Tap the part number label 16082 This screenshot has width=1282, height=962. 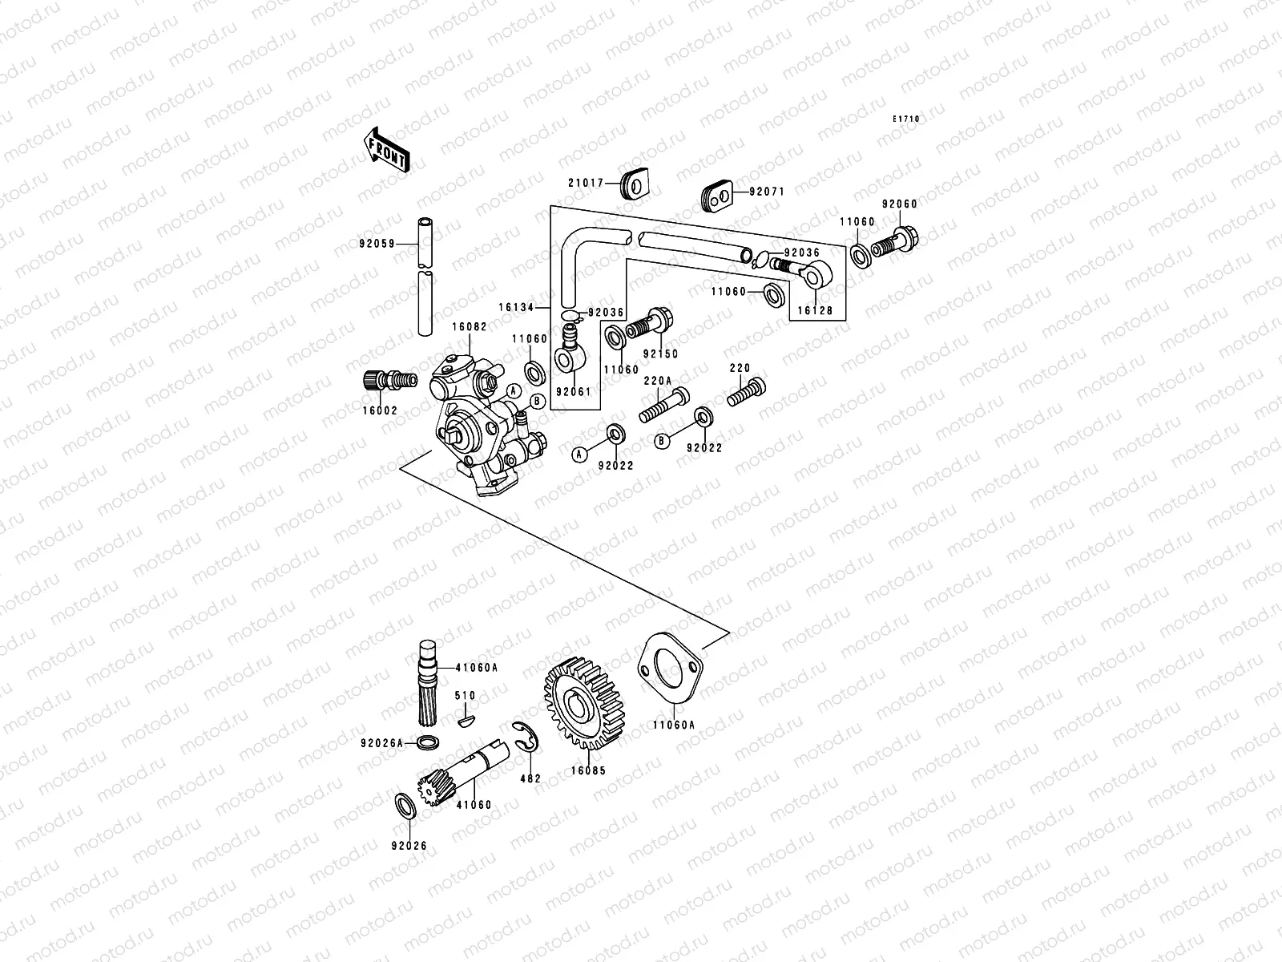coord(469,327)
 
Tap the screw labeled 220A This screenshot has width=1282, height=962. coord(663,406)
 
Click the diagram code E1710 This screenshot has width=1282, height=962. coord(907,119)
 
